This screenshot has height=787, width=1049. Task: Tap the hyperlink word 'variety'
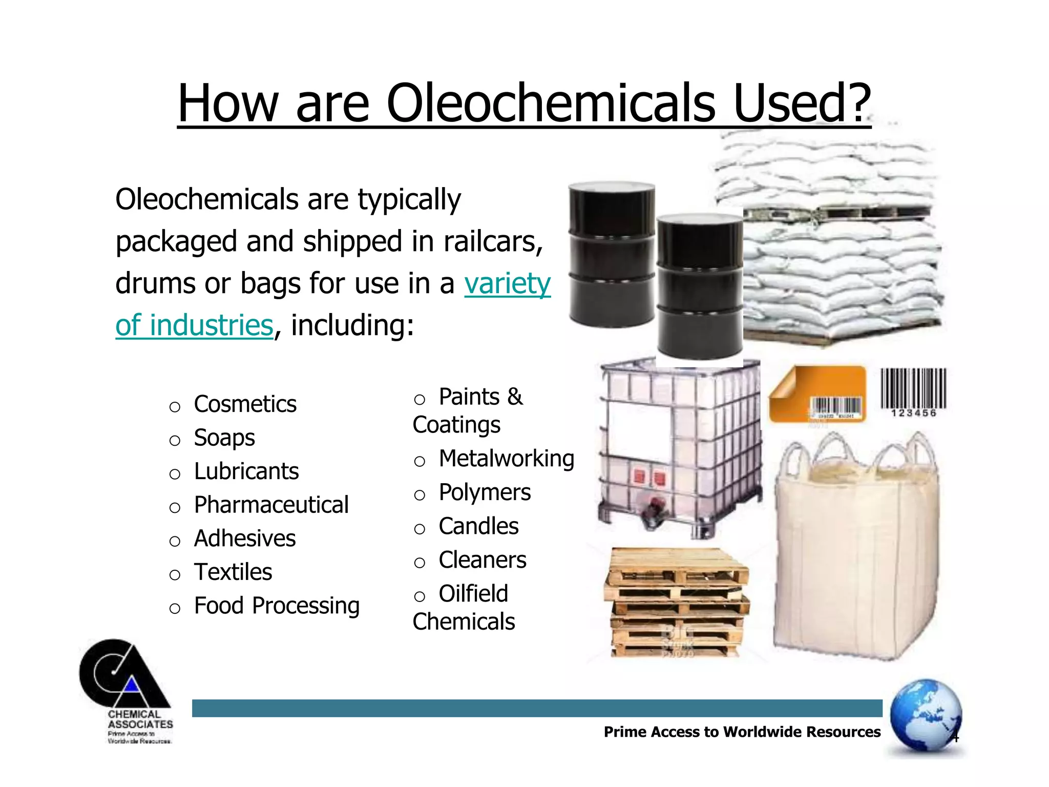point(507,283)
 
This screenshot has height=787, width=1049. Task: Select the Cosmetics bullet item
point(245,404)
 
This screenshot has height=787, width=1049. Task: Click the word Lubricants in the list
point(246,471)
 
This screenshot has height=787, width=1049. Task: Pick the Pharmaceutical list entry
point(271,505)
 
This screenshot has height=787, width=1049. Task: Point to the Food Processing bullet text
point(277,606)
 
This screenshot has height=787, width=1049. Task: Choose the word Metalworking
point(506,459)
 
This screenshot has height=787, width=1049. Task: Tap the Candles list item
point(478,526)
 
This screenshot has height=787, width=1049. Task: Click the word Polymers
point(485,492)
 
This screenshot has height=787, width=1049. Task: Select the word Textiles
point(233,572)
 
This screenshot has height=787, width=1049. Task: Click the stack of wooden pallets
point(676,602)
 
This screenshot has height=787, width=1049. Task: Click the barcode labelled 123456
point(913,392)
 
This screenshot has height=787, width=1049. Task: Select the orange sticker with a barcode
point(817,395)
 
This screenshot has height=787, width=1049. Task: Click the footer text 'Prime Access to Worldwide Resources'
point(742,732)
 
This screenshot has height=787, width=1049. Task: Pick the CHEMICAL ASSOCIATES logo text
point(140,719)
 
